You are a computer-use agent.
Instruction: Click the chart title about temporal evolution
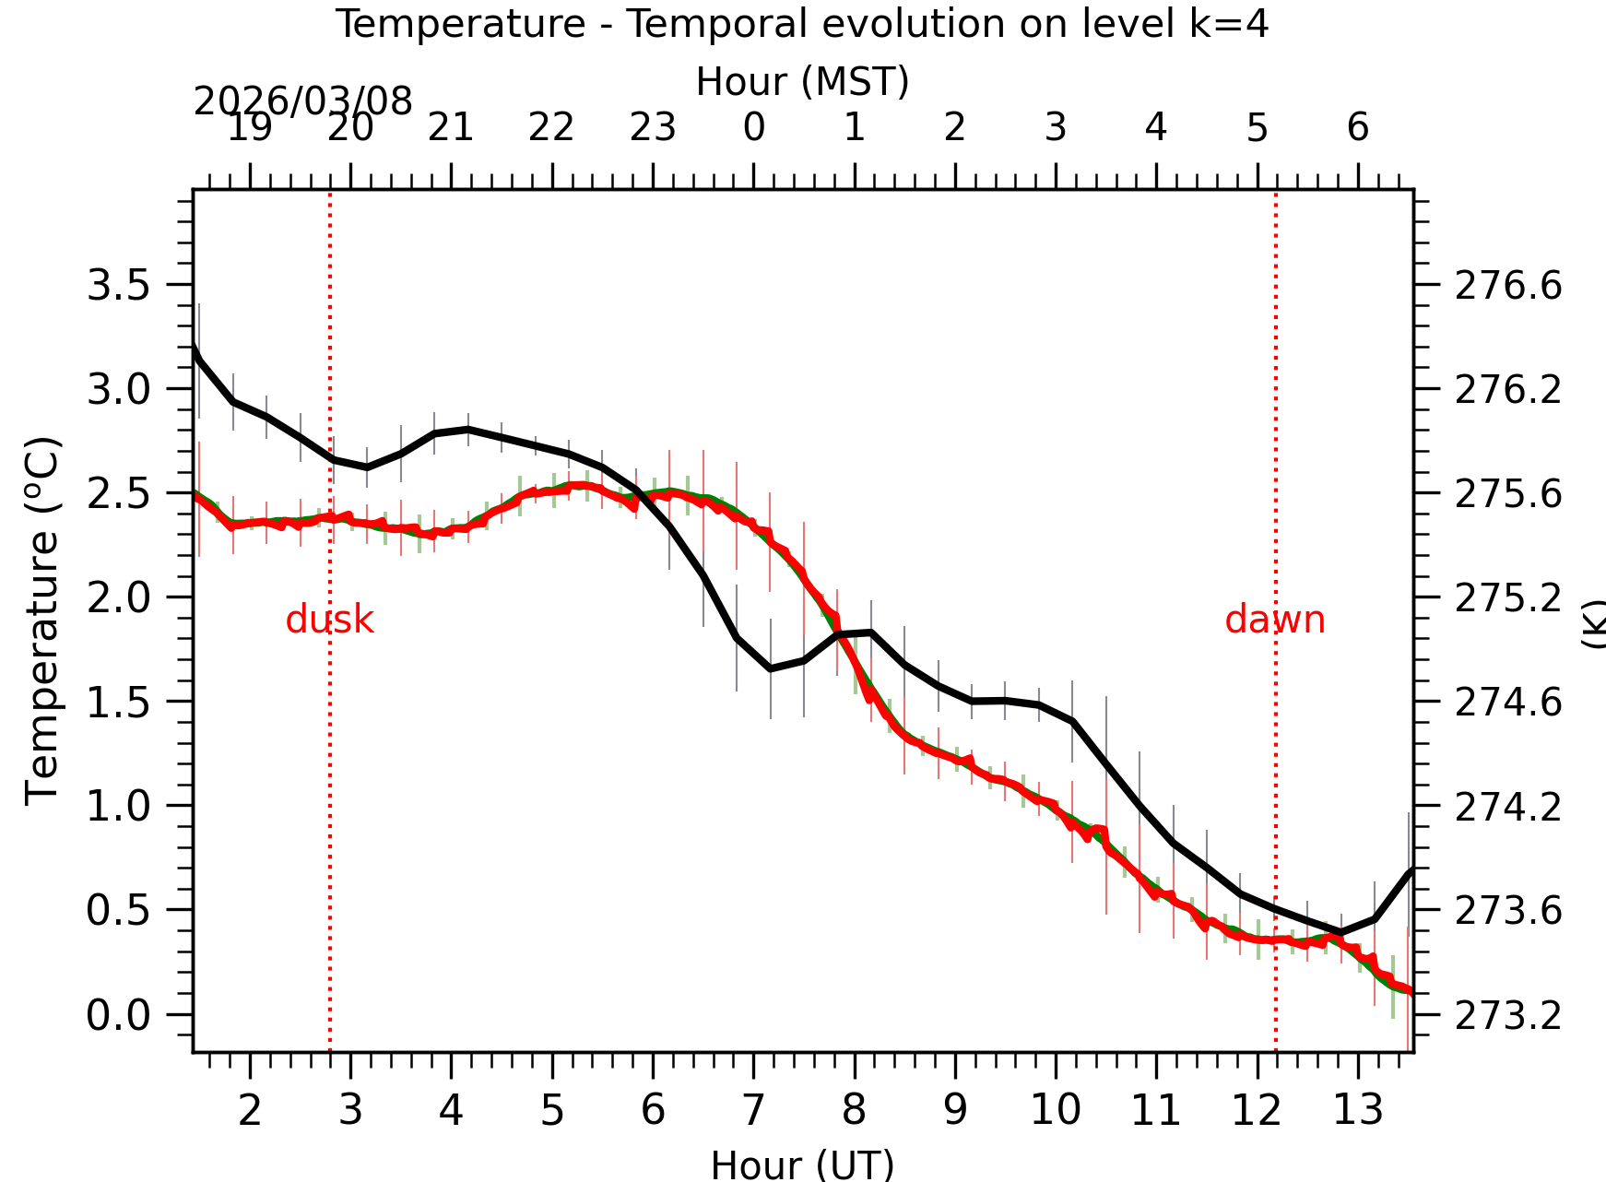pyautogui.click(x=801, y=24)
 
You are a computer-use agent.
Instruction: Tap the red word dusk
pyautogui.click(x=329, y=620)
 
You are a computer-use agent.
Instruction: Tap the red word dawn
pyautogui.click(x=1274, y=620)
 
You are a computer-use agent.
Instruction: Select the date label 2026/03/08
pyautogui.click(x=302, y=101)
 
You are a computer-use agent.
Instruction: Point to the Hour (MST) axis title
pyautogui.click(x=802, y=82)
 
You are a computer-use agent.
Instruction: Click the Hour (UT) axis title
pyautogui.click(x=802, y=1164)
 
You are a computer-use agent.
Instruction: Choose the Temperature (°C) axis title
pyautogui.click(x=42, y=621)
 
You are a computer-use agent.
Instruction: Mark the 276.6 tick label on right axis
pyautogui.click(x=1508, y=286)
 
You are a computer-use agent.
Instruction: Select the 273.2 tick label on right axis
pyautogui.click(x=1508, y=1016)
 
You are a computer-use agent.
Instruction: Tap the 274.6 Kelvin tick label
pyautogui.click(x=1508, y=703)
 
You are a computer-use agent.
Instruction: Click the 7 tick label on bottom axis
pyautogui.click(x=753, y=1110)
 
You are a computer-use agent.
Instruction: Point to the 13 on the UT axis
pyautogui.click(x=1357, y=1110)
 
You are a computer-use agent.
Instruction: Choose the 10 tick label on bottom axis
pyautogui.click(x=1056, y=1110)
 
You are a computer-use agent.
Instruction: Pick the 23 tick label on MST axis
pyautogui.click(x=653, y=128)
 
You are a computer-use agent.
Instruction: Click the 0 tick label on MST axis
pyautogui.click(x=753, y=128)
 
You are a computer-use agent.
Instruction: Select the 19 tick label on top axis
pyautogui.click(x=250, y=128)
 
